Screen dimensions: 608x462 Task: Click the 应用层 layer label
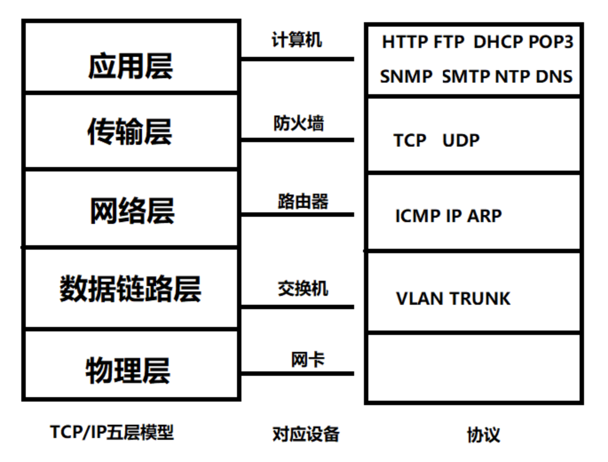[x=130, y=66]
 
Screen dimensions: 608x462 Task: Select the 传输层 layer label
[x=130, y=131]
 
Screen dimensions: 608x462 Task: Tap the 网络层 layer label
[x=132, y=211]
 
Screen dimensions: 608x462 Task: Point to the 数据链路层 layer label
[x=130, y=288]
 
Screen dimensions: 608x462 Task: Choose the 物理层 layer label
[x=128, y=370]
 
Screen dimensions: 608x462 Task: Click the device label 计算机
[x=296, y=40]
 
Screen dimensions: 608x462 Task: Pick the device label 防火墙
[x=299, y=123]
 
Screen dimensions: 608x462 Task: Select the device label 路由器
[x=303, y=201]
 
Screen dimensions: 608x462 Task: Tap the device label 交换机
[x=303, y=288]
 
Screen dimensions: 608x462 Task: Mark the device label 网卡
[x=308, y=359]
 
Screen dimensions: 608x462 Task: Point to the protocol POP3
[x=551, y=42]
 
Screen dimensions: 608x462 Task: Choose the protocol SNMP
[x=406, y=76]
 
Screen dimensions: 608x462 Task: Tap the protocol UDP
[x=461, y=140]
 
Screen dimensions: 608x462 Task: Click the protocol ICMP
[x=418, y=216]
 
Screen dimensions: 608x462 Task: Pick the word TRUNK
[x=480, y=299]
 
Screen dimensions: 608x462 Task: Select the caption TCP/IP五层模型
[x=112, y=432]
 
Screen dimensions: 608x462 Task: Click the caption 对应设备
[x=306, y=434]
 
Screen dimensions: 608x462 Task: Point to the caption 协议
[x=484, y=434]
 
